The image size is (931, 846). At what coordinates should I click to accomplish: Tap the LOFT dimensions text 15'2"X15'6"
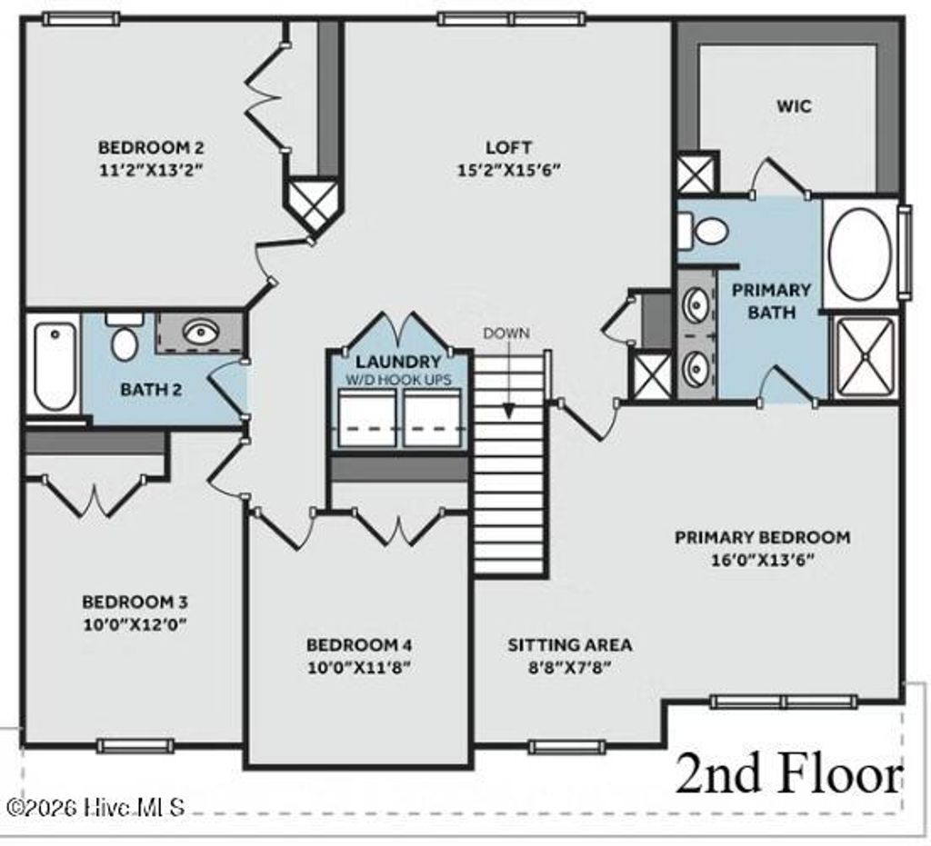click(507, 169)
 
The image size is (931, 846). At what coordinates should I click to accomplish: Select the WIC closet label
click(793, 106)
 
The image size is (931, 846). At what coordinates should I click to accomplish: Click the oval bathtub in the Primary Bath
click(858, 254)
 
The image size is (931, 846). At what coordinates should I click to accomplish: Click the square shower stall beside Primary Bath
click(865, 357)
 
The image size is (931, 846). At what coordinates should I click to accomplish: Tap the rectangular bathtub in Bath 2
click(54, 366)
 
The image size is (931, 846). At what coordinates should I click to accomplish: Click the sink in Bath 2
click(199, 332)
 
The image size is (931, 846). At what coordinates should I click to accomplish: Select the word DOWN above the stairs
click(506, 333)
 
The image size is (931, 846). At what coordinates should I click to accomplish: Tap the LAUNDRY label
click(398, 362)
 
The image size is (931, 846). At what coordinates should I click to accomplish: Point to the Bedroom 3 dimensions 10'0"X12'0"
click(135, 624)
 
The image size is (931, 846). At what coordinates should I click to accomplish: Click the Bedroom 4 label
click(359, 645)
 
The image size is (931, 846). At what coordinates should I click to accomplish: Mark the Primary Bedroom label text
click(762, 537)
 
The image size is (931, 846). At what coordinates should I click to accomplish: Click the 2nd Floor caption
click(787, 775)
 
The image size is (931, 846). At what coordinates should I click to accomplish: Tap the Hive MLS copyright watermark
click(95, 806)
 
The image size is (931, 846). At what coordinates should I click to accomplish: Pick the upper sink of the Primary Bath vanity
click(697, 303)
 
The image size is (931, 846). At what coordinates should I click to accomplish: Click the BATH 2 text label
click(151, 390)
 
